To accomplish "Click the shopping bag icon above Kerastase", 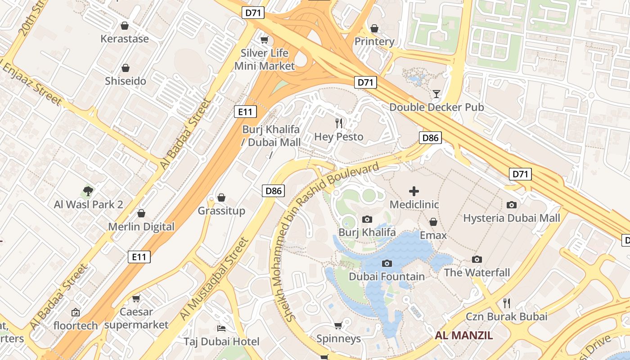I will [x=125, y=26].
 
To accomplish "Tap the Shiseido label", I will [x=126, y=81].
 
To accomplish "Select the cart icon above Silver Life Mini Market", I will [x=265, y=40].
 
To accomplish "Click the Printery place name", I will [x=374, y=41].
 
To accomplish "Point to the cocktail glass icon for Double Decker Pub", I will [x=436, y=94].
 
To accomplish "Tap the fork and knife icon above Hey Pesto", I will [x=339, y=123].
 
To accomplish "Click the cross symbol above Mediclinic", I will [x=414, y=191].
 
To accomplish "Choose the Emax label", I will [x=433, y=235].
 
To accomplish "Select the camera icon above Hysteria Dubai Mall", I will [x=512, y=205].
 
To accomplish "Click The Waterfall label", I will [x=477, y=272].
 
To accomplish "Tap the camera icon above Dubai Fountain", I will [x=387, y=263].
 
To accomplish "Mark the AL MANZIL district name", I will [x=464, y=335].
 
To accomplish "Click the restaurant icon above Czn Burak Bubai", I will [x=506, y=303].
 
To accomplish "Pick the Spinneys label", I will [x=338, y=338].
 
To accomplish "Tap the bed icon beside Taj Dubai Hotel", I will [x=221, y=328].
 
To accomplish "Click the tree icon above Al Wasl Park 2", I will [x=88, y=191].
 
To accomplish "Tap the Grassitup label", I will [x=221, y=211].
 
